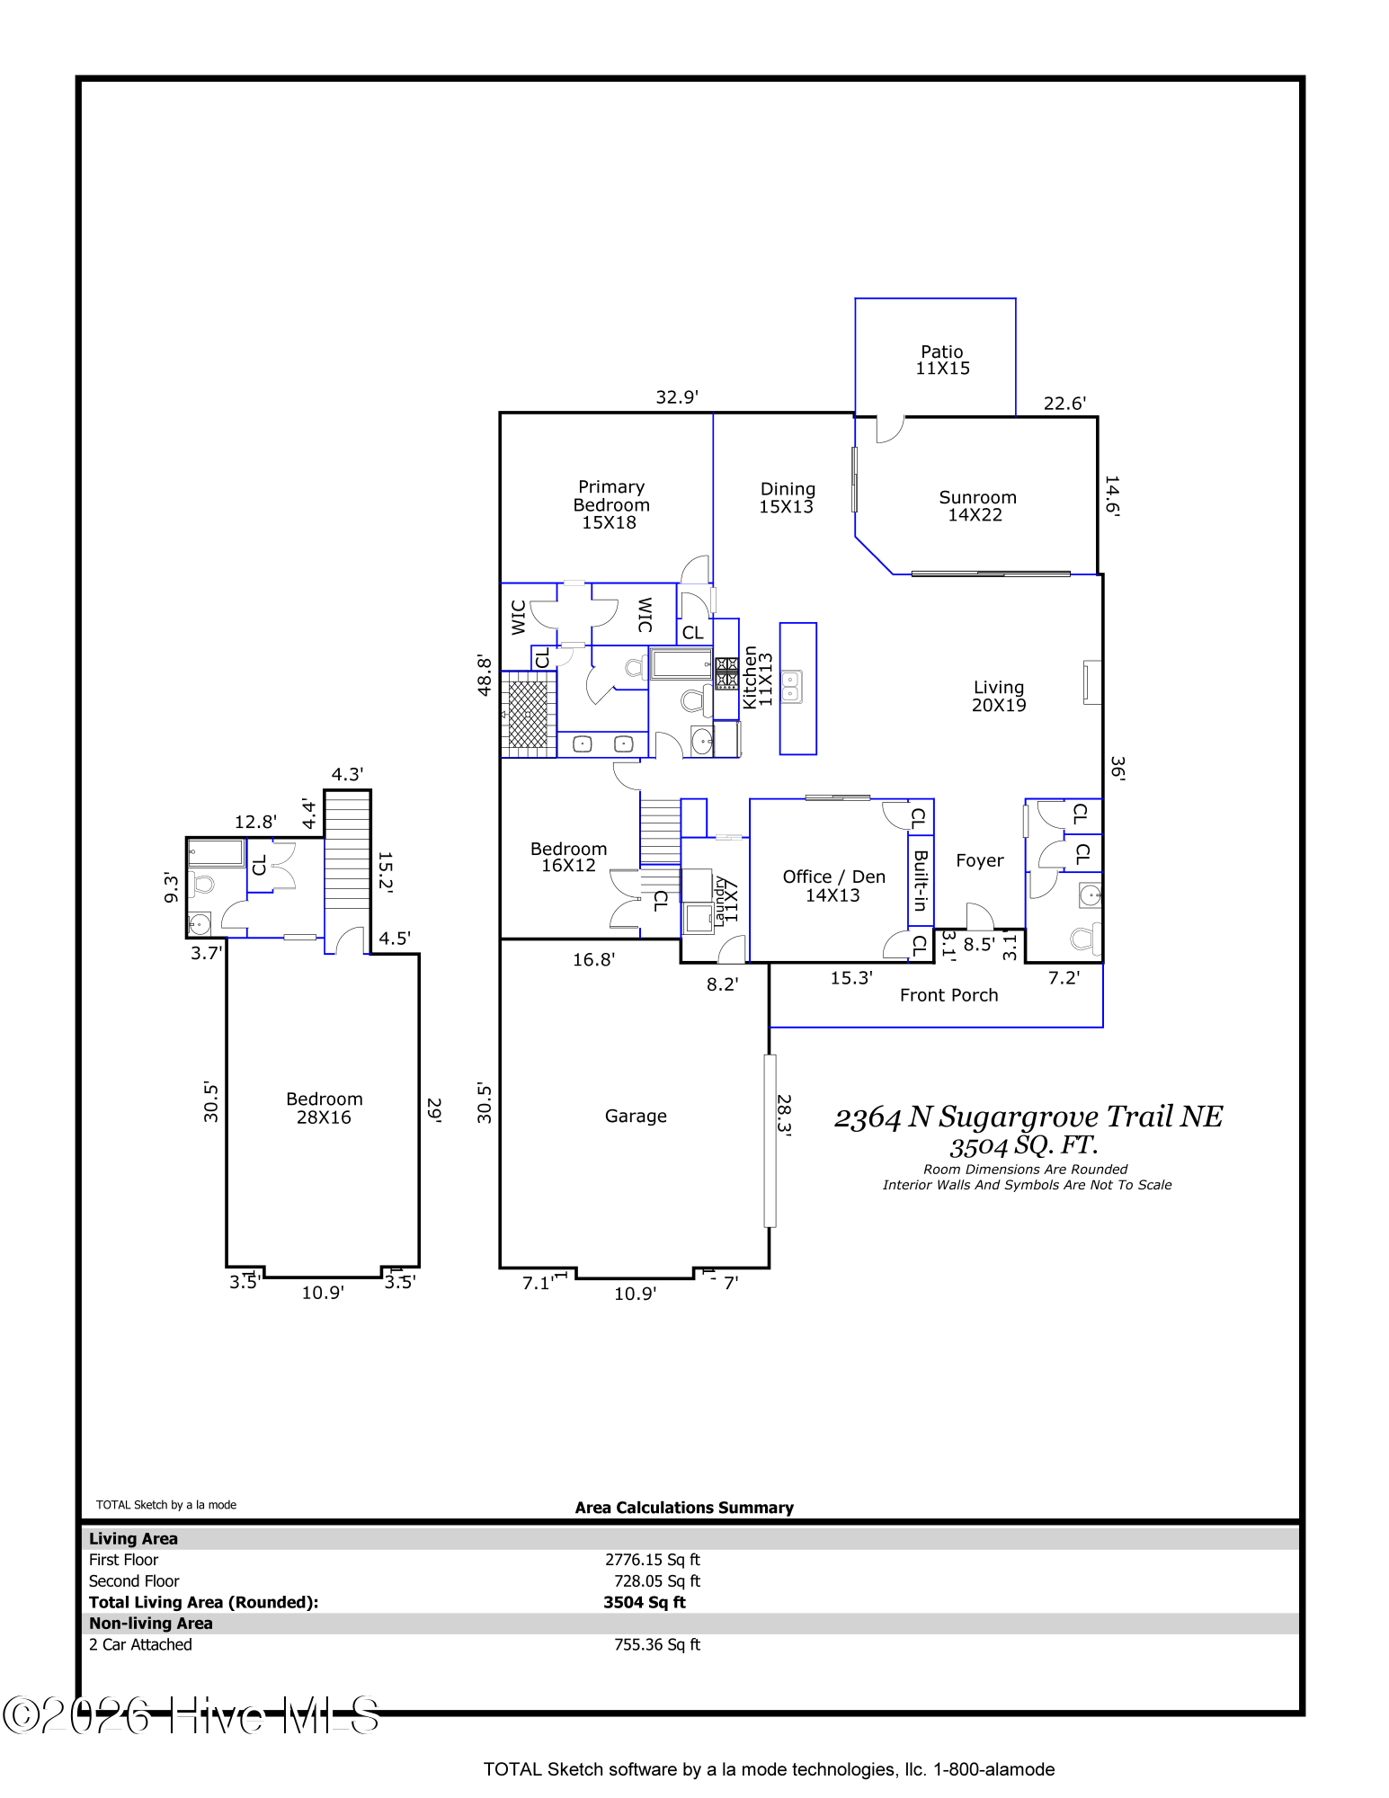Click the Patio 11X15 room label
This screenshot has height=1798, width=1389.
pyautogui.click(x=942, y=360)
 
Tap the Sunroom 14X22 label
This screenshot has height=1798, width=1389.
pyautogui.click(x=977, y=506)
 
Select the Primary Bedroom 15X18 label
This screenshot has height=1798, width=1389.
pyautogui.click(x=611, y=504)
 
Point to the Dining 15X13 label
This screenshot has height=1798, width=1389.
pyautogui.click(x=788, y=498)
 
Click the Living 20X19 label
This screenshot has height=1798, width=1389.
pyautogui.click(x=999, y=697)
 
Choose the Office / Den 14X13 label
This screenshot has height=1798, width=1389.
pyautogui.click(x=833, y=886)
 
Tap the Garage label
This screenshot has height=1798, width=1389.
pyautogui.click(x=636, y=1117)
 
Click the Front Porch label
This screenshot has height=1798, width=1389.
pyautogui.click(x=948, y=995)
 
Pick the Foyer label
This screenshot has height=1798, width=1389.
pyautogui.click(x=980, y=861)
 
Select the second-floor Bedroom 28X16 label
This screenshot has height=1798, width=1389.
pyautogui.click(x=325, y=1108)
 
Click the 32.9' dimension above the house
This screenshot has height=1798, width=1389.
pyautogui.click(x=677, y=397)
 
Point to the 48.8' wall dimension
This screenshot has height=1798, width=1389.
pyautogui.click(x=485, y=675)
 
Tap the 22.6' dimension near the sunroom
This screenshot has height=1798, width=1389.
pyautogui.click(x=1064, y=404)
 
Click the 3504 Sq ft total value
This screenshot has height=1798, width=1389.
pyautogui.click(x=645, y=1602)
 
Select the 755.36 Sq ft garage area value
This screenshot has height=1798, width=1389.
pyautogui.click(x=657, y=1644)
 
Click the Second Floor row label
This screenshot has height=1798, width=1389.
pyautogui.click(x=134, y=1581)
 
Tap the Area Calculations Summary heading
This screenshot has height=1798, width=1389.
pyautogui.click(x=684, y=1508)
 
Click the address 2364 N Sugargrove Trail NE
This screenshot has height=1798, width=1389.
pyautogui.click(x=1028, y=1117)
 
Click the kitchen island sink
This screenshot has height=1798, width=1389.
pyautogui.click(x=791, y=687)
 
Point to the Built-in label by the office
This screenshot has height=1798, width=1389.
pyautogui.click(x=921, y=881)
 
